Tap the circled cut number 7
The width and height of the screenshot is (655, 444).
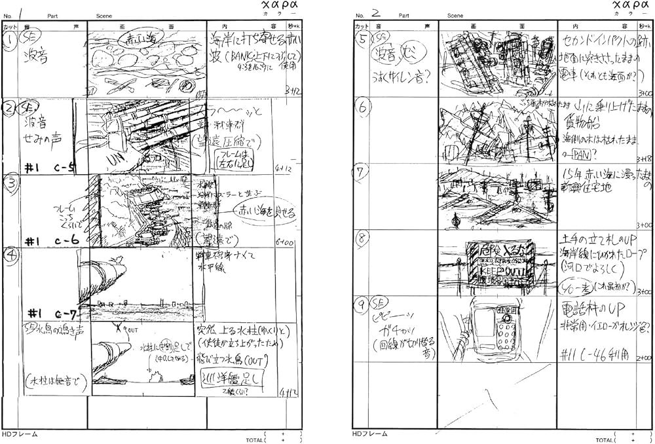(x=362, y=172)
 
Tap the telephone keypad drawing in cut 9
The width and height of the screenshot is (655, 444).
(x=504, y=334)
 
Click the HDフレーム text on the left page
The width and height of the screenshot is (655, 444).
(x=20, y=434)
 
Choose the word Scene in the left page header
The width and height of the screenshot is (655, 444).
(x=103, y=15)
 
